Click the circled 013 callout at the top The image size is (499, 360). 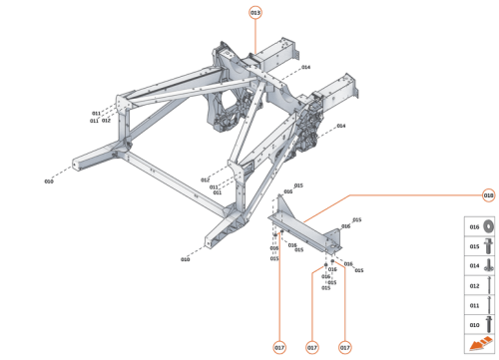[255, 12]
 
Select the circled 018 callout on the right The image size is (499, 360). [488, 194]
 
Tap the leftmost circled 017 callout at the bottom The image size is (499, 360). [280, 347]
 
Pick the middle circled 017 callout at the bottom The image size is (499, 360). [312, 347]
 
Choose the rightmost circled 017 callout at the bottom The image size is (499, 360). [345, 347]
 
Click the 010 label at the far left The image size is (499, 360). [48, 181]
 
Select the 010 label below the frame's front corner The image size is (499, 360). [185, 259]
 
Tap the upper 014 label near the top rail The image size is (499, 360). [305, 67]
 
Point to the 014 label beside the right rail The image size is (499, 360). [340, 126]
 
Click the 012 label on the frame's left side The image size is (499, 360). [106, 121]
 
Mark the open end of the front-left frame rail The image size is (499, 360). [78, 162]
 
